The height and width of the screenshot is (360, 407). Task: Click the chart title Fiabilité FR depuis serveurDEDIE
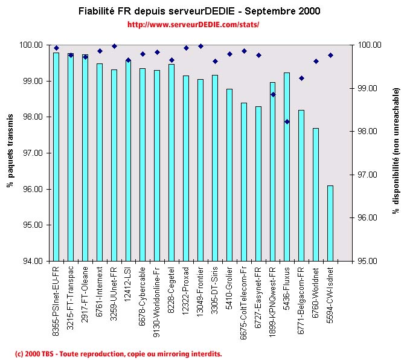click(199, 11)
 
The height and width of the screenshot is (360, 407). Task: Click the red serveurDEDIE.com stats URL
click(193, 25)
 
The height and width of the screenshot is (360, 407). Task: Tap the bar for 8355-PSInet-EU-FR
click(56, 156)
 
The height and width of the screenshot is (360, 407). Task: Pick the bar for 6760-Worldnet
click(316, 194)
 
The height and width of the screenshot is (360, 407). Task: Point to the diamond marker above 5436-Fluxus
click(287, 121)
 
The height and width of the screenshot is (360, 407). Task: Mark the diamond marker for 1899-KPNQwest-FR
click(272, 94)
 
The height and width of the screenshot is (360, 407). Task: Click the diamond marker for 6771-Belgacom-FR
click(301, 78)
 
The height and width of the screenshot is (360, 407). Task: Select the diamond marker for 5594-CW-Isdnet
click(330, 55)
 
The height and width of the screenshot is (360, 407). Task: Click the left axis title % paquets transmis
click(10, 153)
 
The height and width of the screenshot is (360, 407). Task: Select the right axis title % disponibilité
click(396, 151)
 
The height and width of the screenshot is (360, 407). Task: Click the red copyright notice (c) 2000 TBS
click(118, 353)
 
